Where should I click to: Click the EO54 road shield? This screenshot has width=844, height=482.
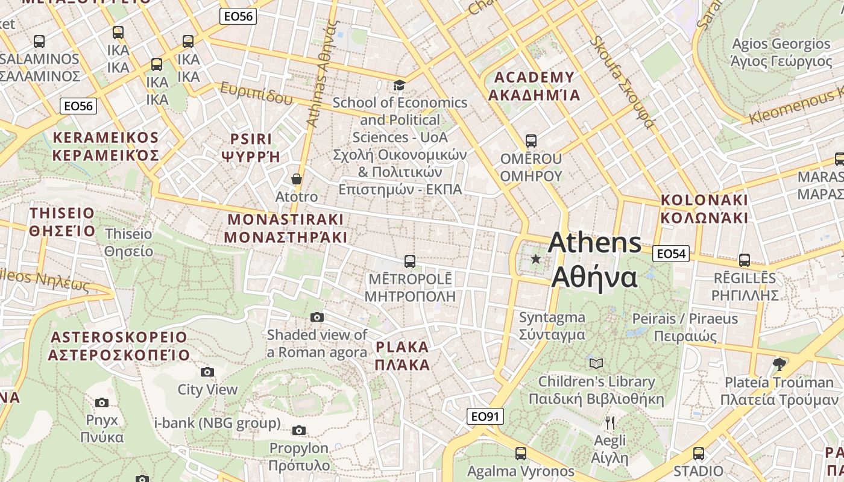point(671,254)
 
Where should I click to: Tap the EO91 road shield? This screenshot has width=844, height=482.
point(485,416)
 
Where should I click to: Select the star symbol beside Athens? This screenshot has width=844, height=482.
point(535,259)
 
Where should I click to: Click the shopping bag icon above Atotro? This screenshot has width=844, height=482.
point(297,179)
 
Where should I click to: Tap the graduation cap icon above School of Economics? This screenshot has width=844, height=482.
point(399,85)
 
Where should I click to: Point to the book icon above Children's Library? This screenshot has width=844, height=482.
point(596,363)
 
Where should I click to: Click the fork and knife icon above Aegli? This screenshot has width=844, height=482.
point(610,422)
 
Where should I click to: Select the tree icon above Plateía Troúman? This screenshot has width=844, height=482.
point(779,364)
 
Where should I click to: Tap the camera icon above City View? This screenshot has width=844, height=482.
point(207,372)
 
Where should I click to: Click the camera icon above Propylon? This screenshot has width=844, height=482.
point(299,430)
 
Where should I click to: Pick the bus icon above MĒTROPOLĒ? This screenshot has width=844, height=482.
point(410,261)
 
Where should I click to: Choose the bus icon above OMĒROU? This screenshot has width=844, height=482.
point(531,141)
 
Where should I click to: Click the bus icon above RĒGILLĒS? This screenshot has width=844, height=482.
point(745,260)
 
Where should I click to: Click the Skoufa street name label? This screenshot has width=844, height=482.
point(623,81)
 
